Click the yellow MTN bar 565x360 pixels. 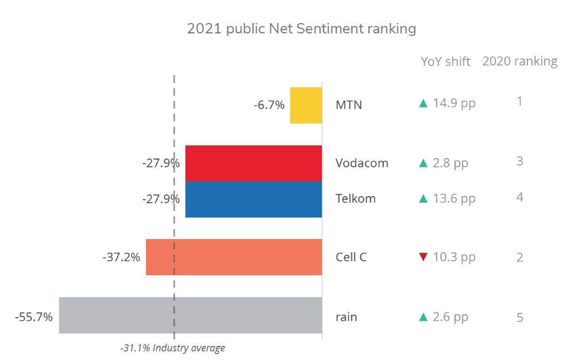pyautogui.click(x=306, y=105)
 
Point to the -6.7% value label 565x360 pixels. pyautogui.click(x=269, y=105)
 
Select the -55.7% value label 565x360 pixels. pyautogui.click(x=33, y=317)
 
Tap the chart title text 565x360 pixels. pyautogui.click(x=301, y=29)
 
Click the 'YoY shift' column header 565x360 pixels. pyautogui.click(x=445, y=62)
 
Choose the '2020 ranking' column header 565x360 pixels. pyautogui.click(x=519, y=61)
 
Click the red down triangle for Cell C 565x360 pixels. pyautogui.click(x=423, y=257)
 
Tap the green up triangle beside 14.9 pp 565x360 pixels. pyautogui.click(x=423, y=103)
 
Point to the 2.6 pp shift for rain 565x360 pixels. pyautogui.click(x=451, y=317)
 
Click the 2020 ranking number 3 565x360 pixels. pyautogui.click(x=519, y=161)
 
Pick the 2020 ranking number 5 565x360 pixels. pyautogui.click(x=519, y=318)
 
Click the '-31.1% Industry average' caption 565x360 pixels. pyautogui.click(x=172, y=349)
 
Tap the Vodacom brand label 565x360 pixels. pyautogui.click(x=362, y=163)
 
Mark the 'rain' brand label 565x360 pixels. pyautogui.click(x=346, y=317)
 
